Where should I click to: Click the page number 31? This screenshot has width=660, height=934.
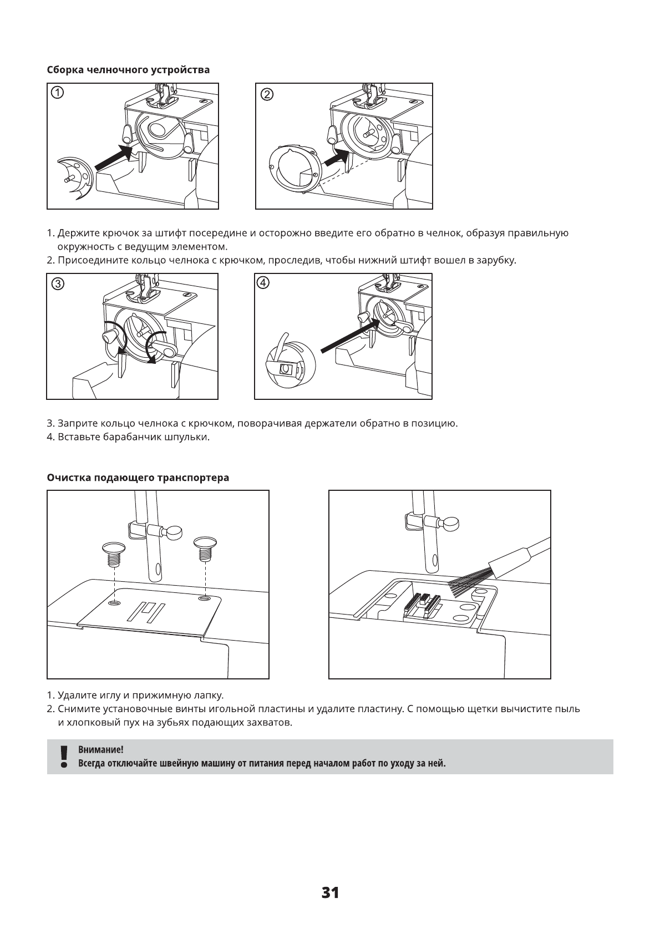pos(330,892)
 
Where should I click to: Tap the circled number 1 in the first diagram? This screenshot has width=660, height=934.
pos(57,93)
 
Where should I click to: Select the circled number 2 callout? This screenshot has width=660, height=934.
pos(267,94)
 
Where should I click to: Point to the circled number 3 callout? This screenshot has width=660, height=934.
pos(57,284)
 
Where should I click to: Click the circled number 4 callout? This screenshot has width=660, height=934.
pos(263,282)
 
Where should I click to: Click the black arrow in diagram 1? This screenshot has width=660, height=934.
pos(114,156)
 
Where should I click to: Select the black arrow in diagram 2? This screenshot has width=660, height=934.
pos(335,158)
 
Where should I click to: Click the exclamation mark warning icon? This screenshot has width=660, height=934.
pos(64,757)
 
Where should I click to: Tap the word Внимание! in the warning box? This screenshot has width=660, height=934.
pos(100,750)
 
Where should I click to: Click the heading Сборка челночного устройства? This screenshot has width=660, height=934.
pos(129,70)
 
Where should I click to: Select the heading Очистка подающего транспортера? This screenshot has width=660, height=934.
pos(138,478)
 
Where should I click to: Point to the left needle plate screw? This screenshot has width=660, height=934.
pos(114,553)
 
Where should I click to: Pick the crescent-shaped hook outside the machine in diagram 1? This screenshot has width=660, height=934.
pos(77,176)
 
